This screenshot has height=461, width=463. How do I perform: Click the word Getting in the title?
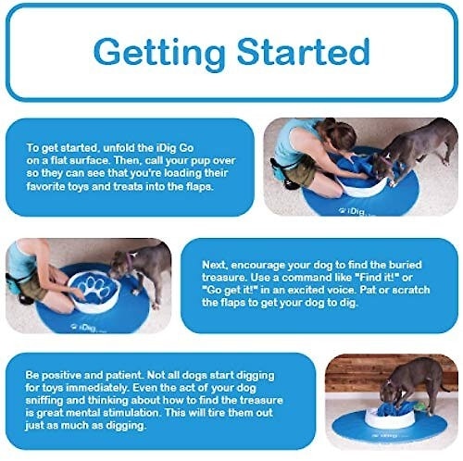click(159, 53)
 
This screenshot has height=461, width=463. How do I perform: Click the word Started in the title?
click(303, 51)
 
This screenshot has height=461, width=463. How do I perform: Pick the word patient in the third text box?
click(123, 375)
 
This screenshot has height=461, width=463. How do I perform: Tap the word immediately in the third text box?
click(97, 388)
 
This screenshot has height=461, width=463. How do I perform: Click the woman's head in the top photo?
click(339, 134)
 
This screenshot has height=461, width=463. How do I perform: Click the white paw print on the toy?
click(94, 290)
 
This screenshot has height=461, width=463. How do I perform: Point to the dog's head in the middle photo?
click(120, 265)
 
